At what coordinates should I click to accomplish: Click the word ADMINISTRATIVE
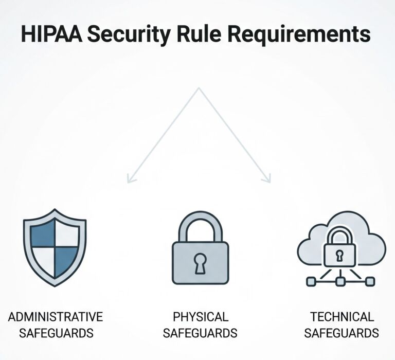point(56,316)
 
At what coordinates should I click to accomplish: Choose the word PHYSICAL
point(200,316)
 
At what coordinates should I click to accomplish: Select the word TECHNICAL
point(342,316)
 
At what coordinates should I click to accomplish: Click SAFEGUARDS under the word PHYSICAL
point(200,333)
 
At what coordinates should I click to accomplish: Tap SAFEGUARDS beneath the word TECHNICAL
point(342,333)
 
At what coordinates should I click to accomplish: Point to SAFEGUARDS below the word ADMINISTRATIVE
point(56,333)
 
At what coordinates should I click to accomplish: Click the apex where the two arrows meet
point(199,88)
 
